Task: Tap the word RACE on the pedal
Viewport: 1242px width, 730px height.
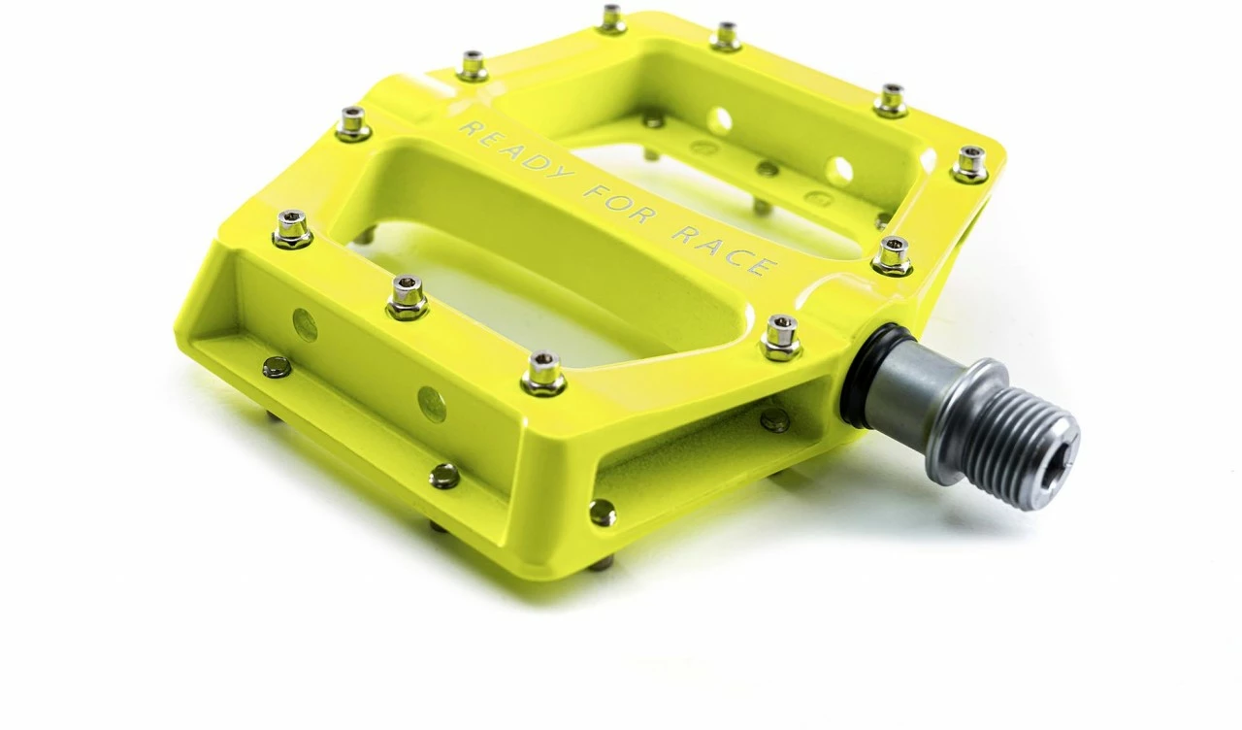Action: (723, 248)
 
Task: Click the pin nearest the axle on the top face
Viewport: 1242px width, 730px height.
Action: (781, 335)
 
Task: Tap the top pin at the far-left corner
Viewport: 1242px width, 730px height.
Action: (292, 227)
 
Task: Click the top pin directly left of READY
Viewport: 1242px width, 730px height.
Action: (353, 122)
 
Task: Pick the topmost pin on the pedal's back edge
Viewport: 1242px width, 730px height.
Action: (612, 17)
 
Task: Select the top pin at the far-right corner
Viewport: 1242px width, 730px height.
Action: (969, 162)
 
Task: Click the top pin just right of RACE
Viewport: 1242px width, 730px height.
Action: (892, 254)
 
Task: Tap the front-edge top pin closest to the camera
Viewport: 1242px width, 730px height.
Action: (543, 372)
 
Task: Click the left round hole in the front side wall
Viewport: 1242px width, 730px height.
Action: (305, 324)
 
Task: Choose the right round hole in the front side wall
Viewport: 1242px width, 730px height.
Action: (432, 403)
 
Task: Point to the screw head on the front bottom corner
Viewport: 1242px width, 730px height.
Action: (602, 513)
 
